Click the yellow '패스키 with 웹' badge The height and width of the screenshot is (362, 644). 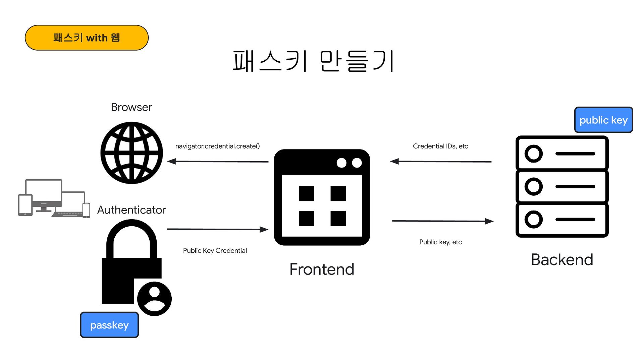click(87, 38)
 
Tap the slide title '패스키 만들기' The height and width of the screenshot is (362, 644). click(313, 61)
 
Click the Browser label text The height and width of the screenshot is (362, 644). click(131, 107)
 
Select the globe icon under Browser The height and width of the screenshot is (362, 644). click(131, 153)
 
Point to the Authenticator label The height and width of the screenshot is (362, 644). click(131, 210)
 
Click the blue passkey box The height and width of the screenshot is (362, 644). click(109, 325)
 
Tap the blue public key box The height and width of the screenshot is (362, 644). click(603, 120)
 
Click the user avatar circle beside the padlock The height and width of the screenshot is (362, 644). click(154, 299)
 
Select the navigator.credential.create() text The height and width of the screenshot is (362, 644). click(217, 146)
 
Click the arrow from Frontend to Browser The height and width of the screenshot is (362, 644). click(218, 162)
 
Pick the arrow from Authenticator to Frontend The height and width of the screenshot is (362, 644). click(218, 229)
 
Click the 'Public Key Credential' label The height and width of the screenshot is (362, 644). click(215, 251)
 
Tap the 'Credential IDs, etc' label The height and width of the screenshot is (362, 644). click(440, 146)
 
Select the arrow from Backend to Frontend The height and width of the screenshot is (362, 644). click(441, 162)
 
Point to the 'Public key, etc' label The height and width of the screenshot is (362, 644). click(440, 242)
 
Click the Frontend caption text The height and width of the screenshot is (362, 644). click(322, 269)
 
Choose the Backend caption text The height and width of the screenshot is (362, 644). click(562, 260)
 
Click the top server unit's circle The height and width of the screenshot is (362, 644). click(533, 154)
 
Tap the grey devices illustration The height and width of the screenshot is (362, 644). click(54, 198)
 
